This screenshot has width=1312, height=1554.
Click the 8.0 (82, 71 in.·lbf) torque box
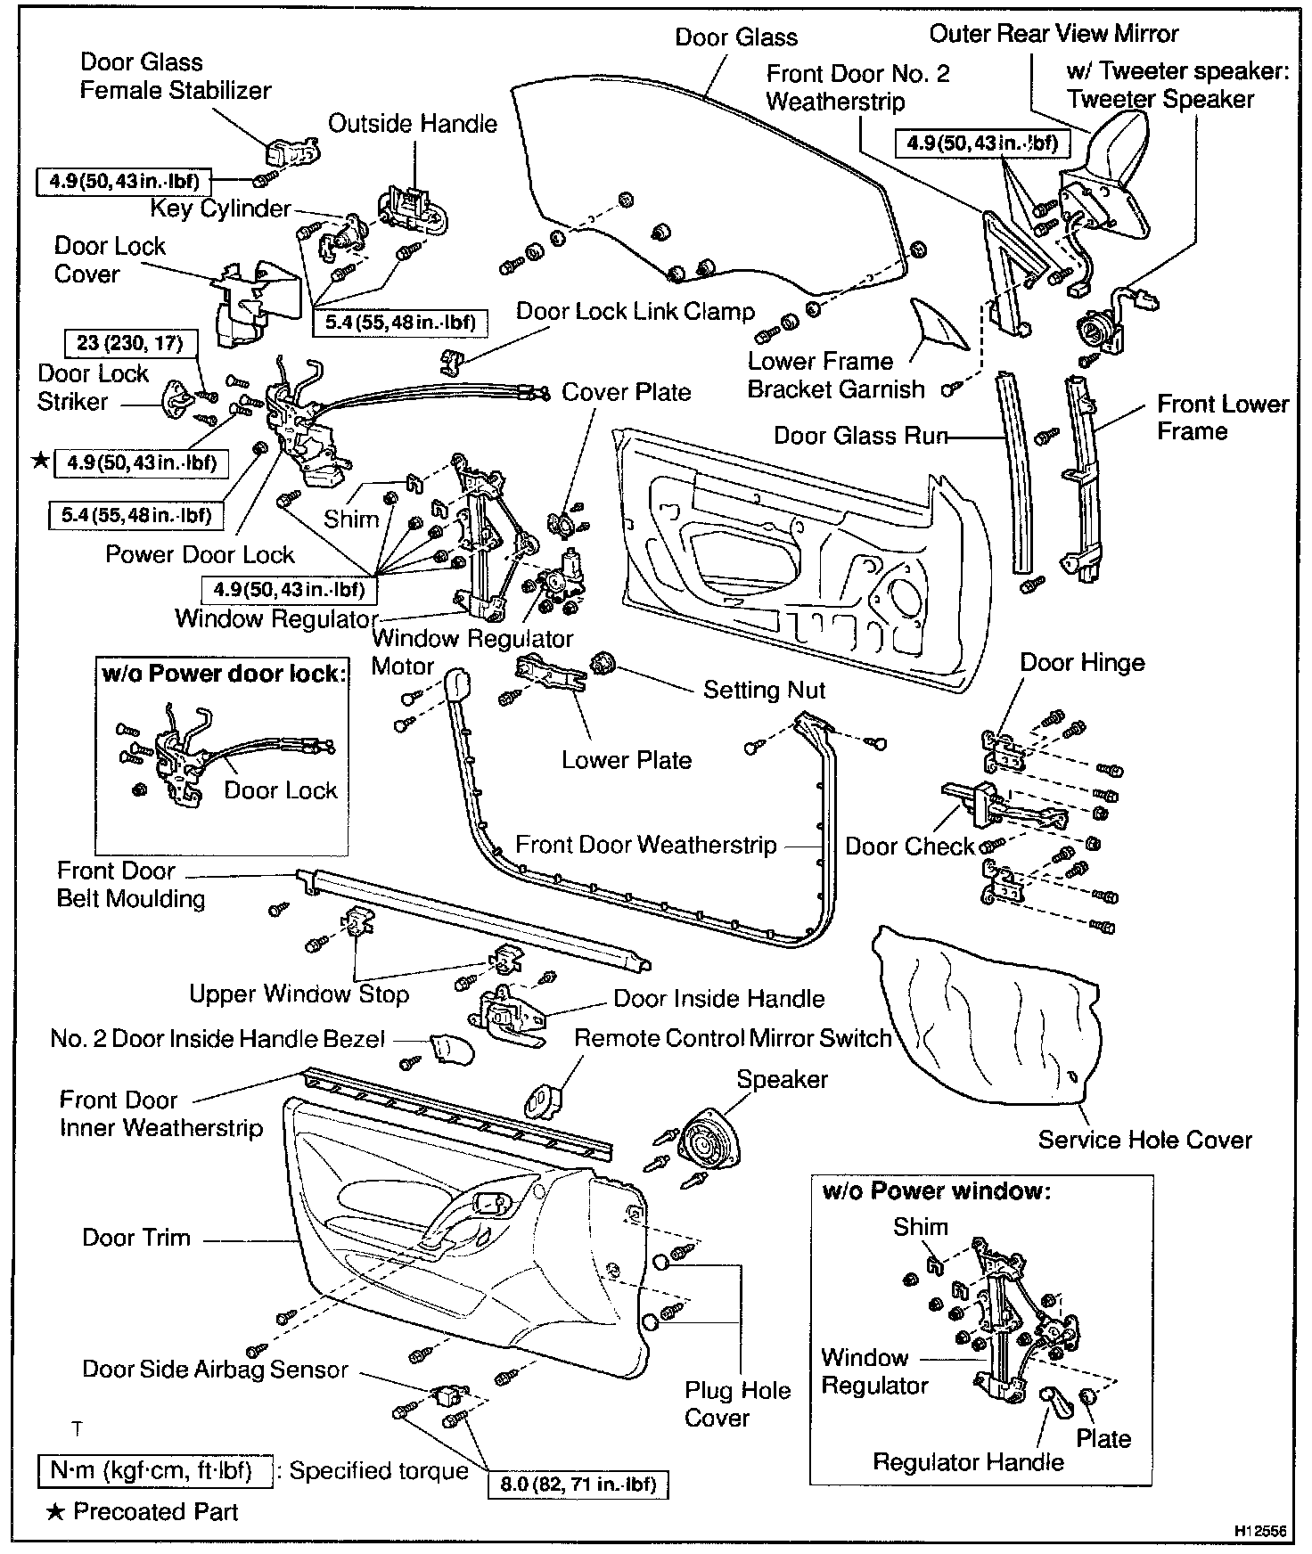pyautogui.click(x=578, y=1484)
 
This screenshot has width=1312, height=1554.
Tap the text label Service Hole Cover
pyautogui.click(x=1144, y=1140)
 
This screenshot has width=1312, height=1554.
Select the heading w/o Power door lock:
pyautogui.click(x=222, y=674)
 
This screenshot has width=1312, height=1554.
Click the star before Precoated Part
pyautogui.click(x=55, y=1511)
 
